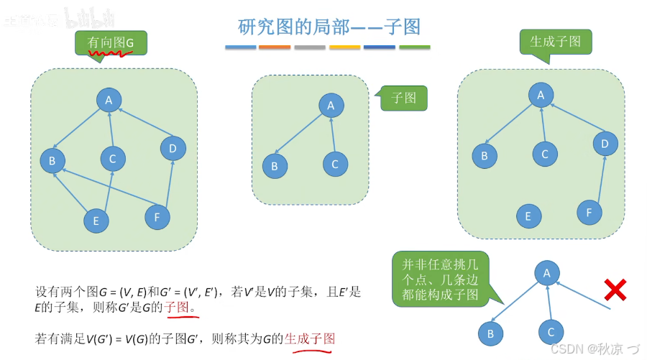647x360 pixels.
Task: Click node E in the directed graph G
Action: point(96,221)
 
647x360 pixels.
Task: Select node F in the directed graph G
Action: point(157,216)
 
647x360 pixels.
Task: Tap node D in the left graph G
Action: point(173,149)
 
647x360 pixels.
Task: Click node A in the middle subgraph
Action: point(331,106)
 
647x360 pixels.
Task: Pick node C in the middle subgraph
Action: point(335,165)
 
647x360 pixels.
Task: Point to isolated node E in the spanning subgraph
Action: point(528,216)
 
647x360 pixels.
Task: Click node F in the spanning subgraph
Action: point(589,212)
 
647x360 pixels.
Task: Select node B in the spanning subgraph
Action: point(485,155)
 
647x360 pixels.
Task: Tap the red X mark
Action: point(615,290)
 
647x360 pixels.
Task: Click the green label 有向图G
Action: point(111,43)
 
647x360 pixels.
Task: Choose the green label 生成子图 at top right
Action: point(555,42)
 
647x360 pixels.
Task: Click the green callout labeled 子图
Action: point(403,97)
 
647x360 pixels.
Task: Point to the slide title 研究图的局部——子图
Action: point(329,27)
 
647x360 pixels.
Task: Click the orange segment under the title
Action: point(275,47)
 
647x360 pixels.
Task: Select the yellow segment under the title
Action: point(344,47)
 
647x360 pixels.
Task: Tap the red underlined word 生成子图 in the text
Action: point(310,338)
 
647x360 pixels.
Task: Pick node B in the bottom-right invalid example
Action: point(491,333)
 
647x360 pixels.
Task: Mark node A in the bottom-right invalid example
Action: point(547,273)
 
